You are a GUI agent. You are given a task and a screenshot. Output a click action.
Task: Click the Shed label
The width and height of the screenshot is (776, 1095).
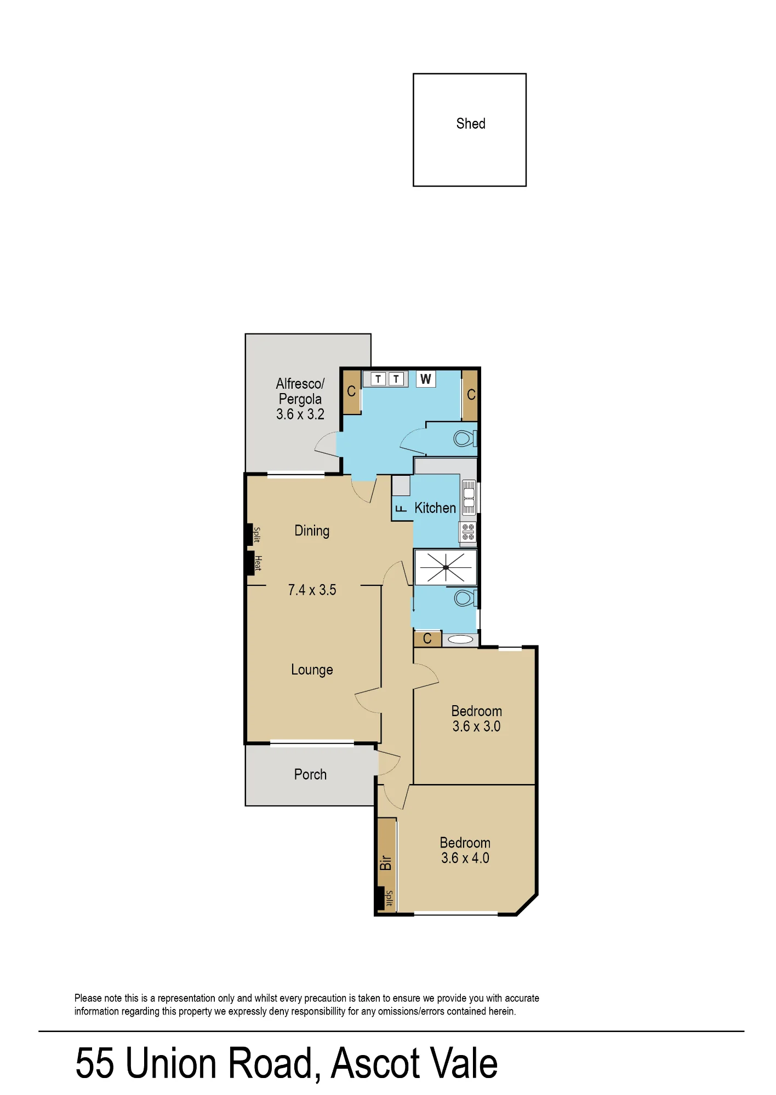click(471, 124)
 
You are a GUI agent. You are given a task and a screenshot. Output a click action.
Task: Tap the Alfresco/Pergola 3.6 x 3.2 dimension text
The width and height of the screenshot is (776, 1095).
click(300, 414)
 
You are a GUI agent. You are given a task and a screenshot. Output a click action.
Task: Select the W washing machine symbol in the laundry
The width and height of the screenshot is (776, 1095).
click(426, 379)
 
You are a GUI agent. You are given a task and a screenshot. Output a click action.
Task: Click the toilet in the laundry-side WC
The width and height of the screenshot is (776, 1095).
click(465, 439)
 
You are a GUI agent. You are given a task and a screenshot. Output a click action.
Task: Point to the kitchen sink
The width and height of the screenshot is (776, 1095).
click(469, 498)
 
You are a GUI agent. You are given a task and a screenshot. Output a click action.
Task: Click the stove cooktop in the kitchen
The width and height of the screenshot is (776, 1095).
click(468, 532)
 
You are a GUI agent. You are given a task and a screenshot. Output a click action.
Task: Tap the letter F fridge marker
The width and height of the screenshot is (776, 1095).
click(401, 509)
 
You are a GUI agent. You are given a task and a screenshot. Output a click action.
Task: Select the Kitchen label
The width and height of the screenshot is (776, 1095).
click(435, 508)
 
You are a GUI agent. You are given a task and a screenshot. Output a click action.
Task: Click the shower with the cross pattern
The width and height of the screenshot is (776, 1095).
click(446, 567)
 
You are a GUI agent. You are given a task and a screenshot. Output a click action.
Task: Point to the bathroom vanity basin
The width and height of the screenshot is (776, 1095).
click(460, 639)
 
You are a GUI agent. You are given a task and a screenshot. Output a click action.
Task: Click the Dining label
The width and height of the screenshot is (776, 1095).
click(312, 531)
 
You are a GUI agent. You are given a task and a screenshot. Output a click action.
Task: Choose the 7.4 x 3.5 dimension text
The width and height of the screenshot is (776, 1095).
click(312, 590)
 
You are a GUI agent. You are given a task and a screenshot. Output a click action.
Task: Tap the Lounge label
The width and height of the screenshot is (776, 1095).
click(312, 670)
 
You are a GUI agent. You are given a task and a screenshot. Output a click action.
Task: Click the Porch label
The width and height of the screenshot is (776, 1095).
click(310, 774)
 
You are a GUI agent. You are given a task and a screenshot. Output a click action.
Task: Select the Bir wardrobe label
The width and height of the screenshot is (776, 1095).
click(386, 863)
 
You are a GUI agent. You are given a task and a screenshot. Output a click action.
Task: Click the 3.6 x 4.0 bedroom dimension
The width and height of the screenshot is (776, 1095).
click(465, 858)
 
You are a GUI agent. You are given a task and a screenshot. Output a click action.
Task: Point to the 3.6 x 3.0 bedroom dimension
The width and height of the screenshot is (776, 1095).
click(476, 727)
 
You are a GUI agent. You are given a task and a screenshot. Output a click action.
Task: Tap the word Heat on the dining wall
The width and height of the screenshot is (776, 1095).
click(258, 563)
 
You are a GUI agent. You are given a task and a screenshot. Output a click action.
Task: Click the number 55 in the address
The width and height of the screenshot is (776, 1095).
click(95, 1063)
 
